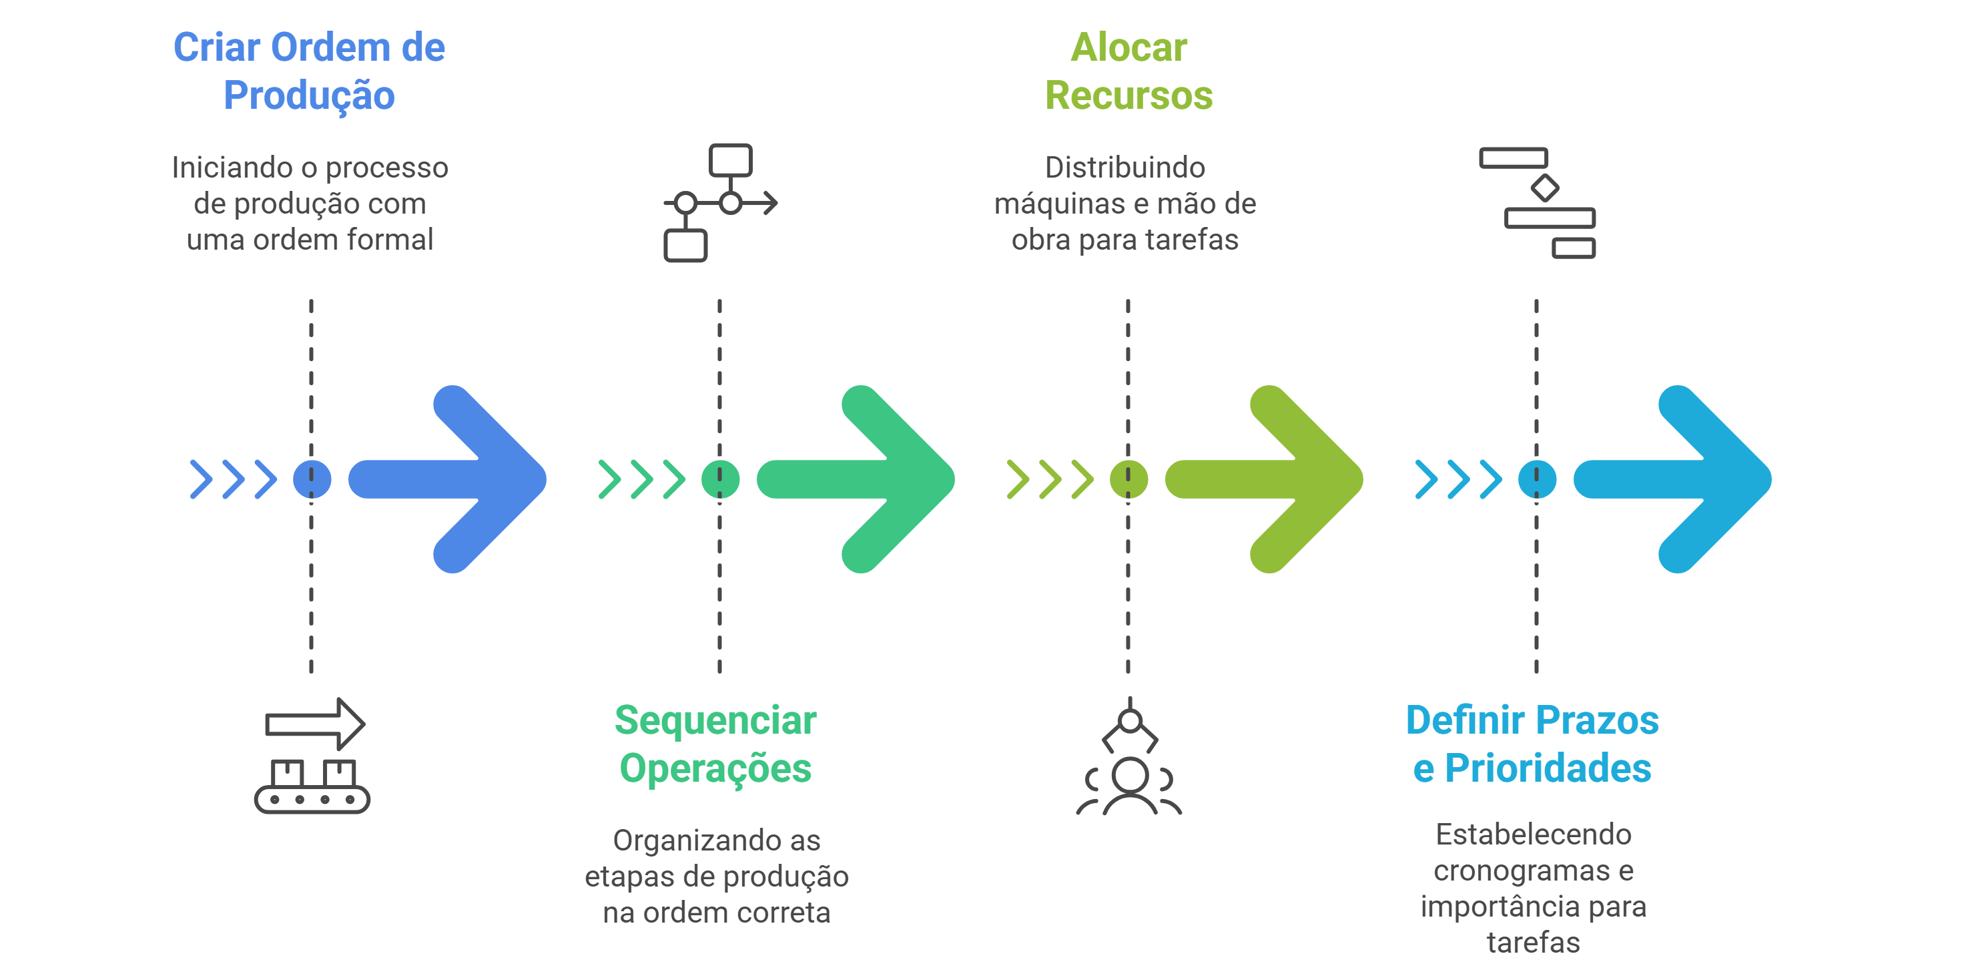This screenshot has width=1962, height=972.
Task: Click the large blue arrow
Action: (457, 479)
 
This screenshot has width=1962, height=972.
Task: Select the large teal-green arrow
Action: (864, 479)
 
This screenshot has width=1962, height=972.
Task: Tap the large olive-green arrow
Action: (1273, 479)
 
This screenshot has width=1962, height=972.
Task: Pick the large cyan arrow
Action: (1682, 479)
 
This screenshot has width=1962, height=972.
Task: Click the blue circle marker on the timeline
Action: (312, 479)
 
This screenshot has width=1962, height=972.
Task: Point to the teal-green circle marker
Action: (720, 479)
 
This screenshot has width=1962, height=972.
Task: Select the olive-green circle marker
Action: (1128, 479)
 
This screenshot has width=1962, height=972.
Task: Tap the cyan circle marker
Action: (1536, 479)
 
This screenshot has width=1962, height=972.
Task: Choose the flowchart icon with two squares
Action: (720, 203)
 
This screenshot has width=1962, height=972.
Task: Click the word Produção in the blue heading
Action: (309, 96)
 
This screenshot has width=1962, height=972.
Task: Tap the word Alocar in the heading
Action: (1128, 47)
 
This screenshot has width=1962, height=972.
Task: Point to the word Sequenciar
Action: (715, 720)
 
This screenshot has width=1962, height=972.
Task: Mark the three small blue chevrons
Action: (233, 479)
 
